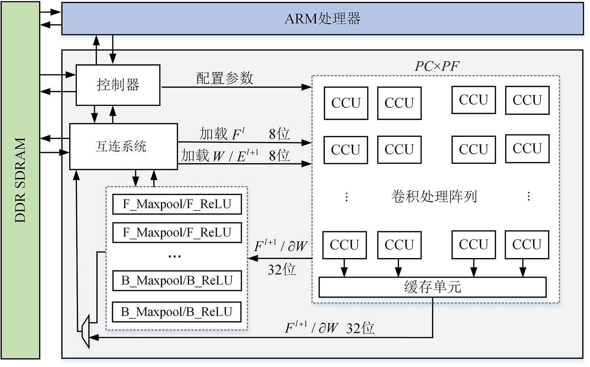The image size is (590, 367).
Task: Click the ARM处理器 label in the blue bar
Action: pyautogui.click(x=322, y=18)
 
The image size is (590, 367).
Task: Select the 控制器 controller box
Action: pyautogui.click(x=118, y=85)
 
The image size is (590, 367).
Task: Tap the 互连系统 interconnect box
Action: pyautogui.click(x=123, y=146)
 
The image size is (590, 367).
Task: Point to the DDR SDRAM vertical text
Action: pyautogui.click(x=20, y=180)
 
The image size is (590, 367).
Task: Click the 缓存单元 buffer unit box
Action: pyautogui.click(x=432, y=287)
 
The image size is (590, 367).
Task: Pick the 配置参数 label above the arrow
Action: pyautogui.click(x=225, y=78)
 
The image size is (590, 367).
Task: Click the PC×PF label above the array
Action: pyautogui.click(x=437, y=66)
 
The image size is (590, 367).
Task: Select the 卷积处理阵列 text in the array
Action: pyautogui.click(x=434, y=196)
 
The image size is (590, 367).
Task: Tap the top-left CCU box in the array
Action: pyautogui.click(x=346, y=103)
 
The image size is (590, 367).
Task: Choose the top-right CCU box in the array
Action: pyautogui.click(x=527, y=100)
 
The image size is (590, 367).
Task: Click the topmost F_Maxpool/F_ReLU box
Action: pyautogui.click(x=177, y=204)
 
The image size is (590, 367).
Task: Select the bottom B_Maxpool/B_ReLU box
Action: pyautogui.click(x=177, y=312)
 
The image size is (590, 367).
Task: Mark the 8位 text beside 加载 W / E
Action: pyautogui.click(x=279, y=156)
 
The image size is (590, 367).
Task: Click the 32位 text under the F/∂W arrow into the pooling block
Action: pyautogui.click(x=281, y=270)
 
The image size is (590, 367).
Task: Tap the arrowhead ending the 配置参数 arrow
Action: pyautogui.click(x=307, y=87)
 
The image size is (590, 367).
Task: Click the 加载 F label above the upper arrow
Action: pyautogui.click(x=222, y=134)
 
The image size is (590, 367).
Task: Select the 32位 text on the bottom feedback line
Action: pyautogui.click(x=360, y=328)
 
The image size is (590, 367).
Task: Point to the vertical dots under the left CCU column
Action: pyautogui.click(x=347, y=197)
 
